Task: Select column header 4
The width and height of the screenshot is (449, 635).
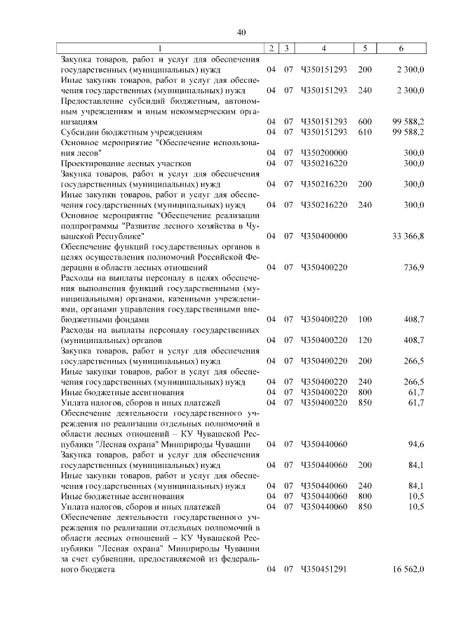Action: click(x=323, y=48)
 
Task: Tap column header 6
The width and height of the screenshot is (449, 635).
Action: click(x=401, y=48)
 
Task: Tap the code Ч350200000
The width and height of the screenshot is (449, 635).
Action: click(x=323, y=152)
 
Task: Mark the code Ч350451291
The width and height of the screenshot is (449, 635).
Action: click(x=323, y=568)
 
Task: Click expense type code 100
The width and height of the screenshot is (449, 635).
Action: click(x=365, y=319)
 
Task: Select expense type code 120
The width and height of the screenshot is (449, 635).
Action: click(x=365, y=340)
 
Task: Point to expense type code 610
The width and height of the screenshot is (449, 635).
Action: click(x=365, y=131)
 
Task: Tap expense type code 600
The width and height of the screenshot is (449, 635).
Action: click(x=365, y=121)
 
